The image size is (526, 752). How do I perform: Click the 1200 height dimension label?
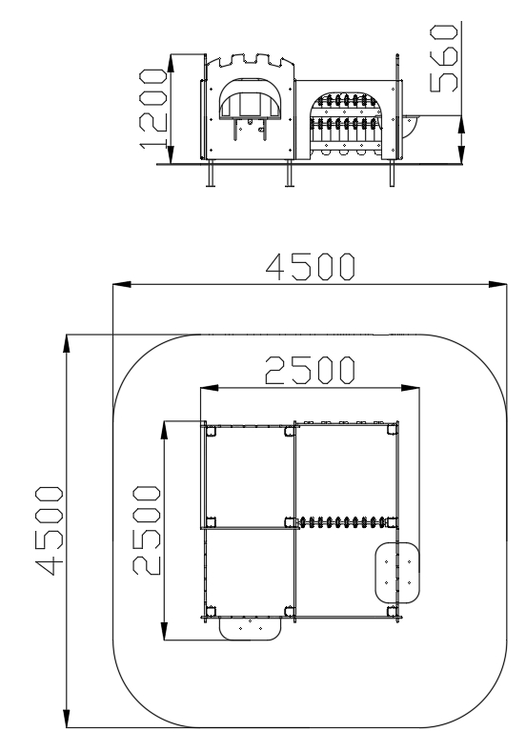(x=153, y=109)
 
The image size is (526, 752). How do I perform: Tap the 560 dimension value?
(x=444, y=58)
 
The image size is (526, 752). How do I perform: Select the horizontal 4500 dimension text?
(x=311, y=267)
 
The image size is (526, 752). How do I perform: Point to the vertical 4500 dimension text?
(x=49, y=530)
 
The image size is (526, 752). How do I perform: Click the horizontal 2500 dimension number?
(x=311, y=370)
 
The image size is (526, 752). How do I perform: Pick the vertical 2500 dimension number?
(x=146, y=530)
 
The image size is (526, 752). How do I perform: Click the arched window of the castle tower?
(x=251, y=99)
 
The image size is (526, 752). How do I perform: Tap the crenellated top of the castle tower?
(x=250, y=61)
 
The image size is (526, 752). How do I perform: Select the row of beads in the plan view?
(x=343, y=521)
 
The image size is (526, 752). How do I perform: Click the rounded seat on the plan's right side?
(x=397, y=572)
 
